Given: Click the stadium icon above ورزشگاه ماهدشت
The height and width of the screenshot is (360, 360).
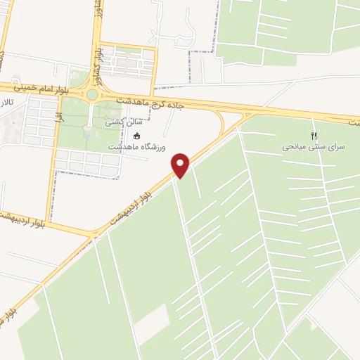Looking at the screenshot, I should (137, 136).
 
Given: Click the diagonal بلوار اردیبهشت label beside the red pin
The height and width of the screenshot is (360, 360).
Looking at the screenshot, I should (138, 205).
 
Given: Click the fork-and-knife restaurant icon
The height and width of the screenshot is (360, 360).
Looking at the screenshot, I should (314, 136).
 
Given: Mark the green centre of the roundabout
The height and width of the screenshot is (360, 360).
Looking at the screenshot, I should (92, 94).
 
